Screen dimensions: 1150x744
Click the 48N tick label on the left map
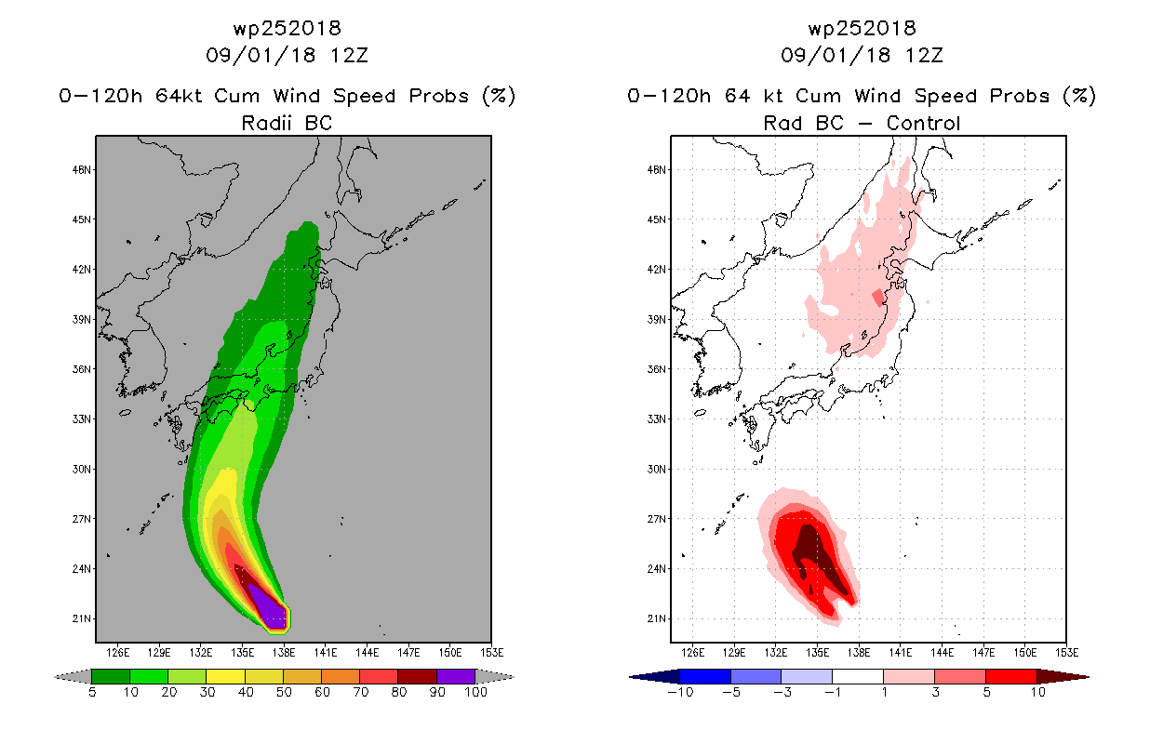pos(81,170)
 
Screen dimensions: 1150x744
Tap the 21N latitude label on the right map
pos(656,618)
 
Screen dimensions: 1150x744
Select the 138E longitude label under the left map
pos(284,653)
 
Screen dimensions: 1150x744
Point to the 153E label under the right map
pos(1066,653)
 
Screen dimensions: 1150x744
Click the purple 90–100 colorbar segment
pos(456,676)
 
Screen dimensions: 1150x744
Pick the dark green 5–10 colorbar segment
pos(111,676)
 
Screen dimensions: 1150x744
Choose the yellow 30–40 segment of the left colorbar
pos(226,676)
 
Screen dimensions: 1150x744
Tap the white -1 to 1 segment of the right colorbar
pos(858,676)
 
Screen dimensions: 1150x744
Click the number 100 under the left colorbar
pos(476,692)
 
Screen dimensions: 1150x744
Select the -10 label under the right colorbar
pos(680,692)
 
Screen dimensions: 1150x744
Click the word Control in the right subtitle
pos(923,123)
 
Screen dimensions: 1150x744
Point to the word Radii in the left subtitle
pos(266,123)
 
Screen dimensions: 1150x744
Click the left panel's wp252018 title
pos(287,28)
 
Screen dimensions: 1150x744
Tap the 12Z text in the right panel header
pos(924,55)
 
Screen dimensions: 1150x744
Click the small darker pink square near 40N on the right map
pos(878,297)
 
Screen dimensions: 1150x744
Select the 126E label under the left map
pos(117,653)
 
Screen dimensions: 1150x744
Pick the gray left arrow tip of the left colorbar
pos(56,677)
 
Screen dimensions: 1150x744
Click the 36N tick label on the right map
pos(656,369)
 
